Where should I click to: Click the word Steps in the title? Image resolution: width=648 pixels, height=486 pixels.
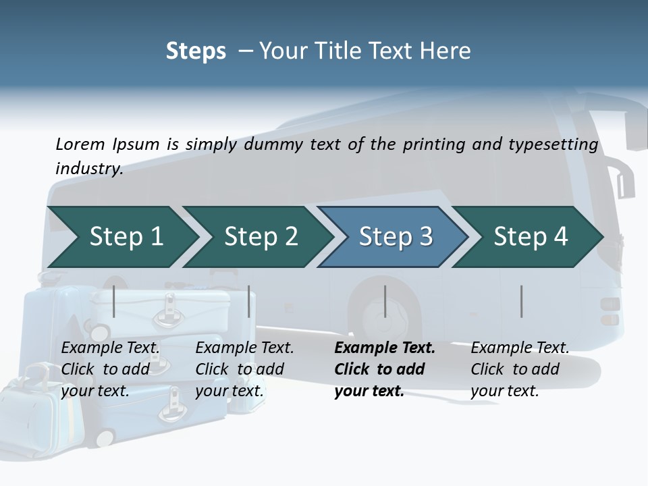click(196, 51)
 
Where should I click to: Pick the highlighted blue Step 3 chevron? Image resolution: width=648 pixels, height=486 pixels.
click(396, 237)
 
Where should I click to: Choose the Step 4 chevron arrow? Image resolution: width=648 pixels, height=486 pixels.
click(531, 237)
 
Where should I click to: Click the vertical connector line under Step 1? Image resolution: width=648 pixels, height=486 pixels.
click(114, 301)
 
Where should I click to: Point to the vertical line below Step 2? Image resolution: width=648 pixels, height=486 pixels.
click(249, 301)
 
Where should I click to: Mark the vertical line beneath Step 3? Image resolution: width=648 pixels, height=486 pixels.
click(385, 301)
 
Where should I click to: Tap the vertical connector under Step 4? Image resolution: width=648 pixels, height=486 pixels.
click(522, 301)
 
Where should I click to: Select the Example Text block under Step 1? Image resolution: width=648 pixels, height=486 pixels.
click(111, 369)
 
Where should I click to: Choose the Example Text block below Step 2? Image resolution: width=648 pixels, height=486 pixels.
click(244, 369)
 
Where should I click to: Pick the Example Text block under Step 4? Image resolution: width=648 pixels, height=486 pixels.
click(520, 369)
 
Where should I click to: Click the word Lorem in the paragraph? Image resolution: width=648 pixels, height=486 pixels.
click(80, 144)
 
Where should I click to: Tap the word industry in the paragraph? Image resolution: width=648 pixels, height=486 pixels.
click(88, 168)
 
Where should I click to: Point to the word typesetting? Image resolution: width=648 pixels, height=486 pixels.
click(551, 144)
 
